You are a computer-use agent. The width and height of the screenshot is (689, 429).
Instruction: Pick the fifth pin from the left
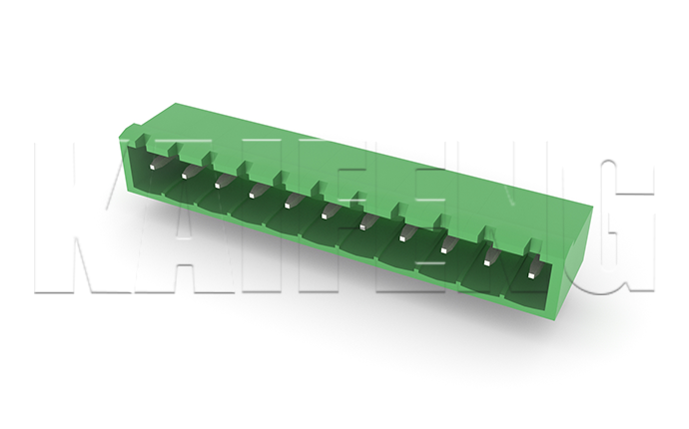click(x=293, y=202)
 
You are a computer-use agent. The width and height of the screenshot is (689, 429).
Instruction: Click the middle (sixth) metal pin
click(x=329, y=212)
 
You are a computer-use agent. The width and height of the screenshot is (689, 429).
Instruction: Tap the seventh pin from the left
click(x=366, y=222)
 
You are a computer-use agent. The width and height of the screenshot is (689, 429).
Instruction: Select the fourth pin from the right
click(x=405, y=233)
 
